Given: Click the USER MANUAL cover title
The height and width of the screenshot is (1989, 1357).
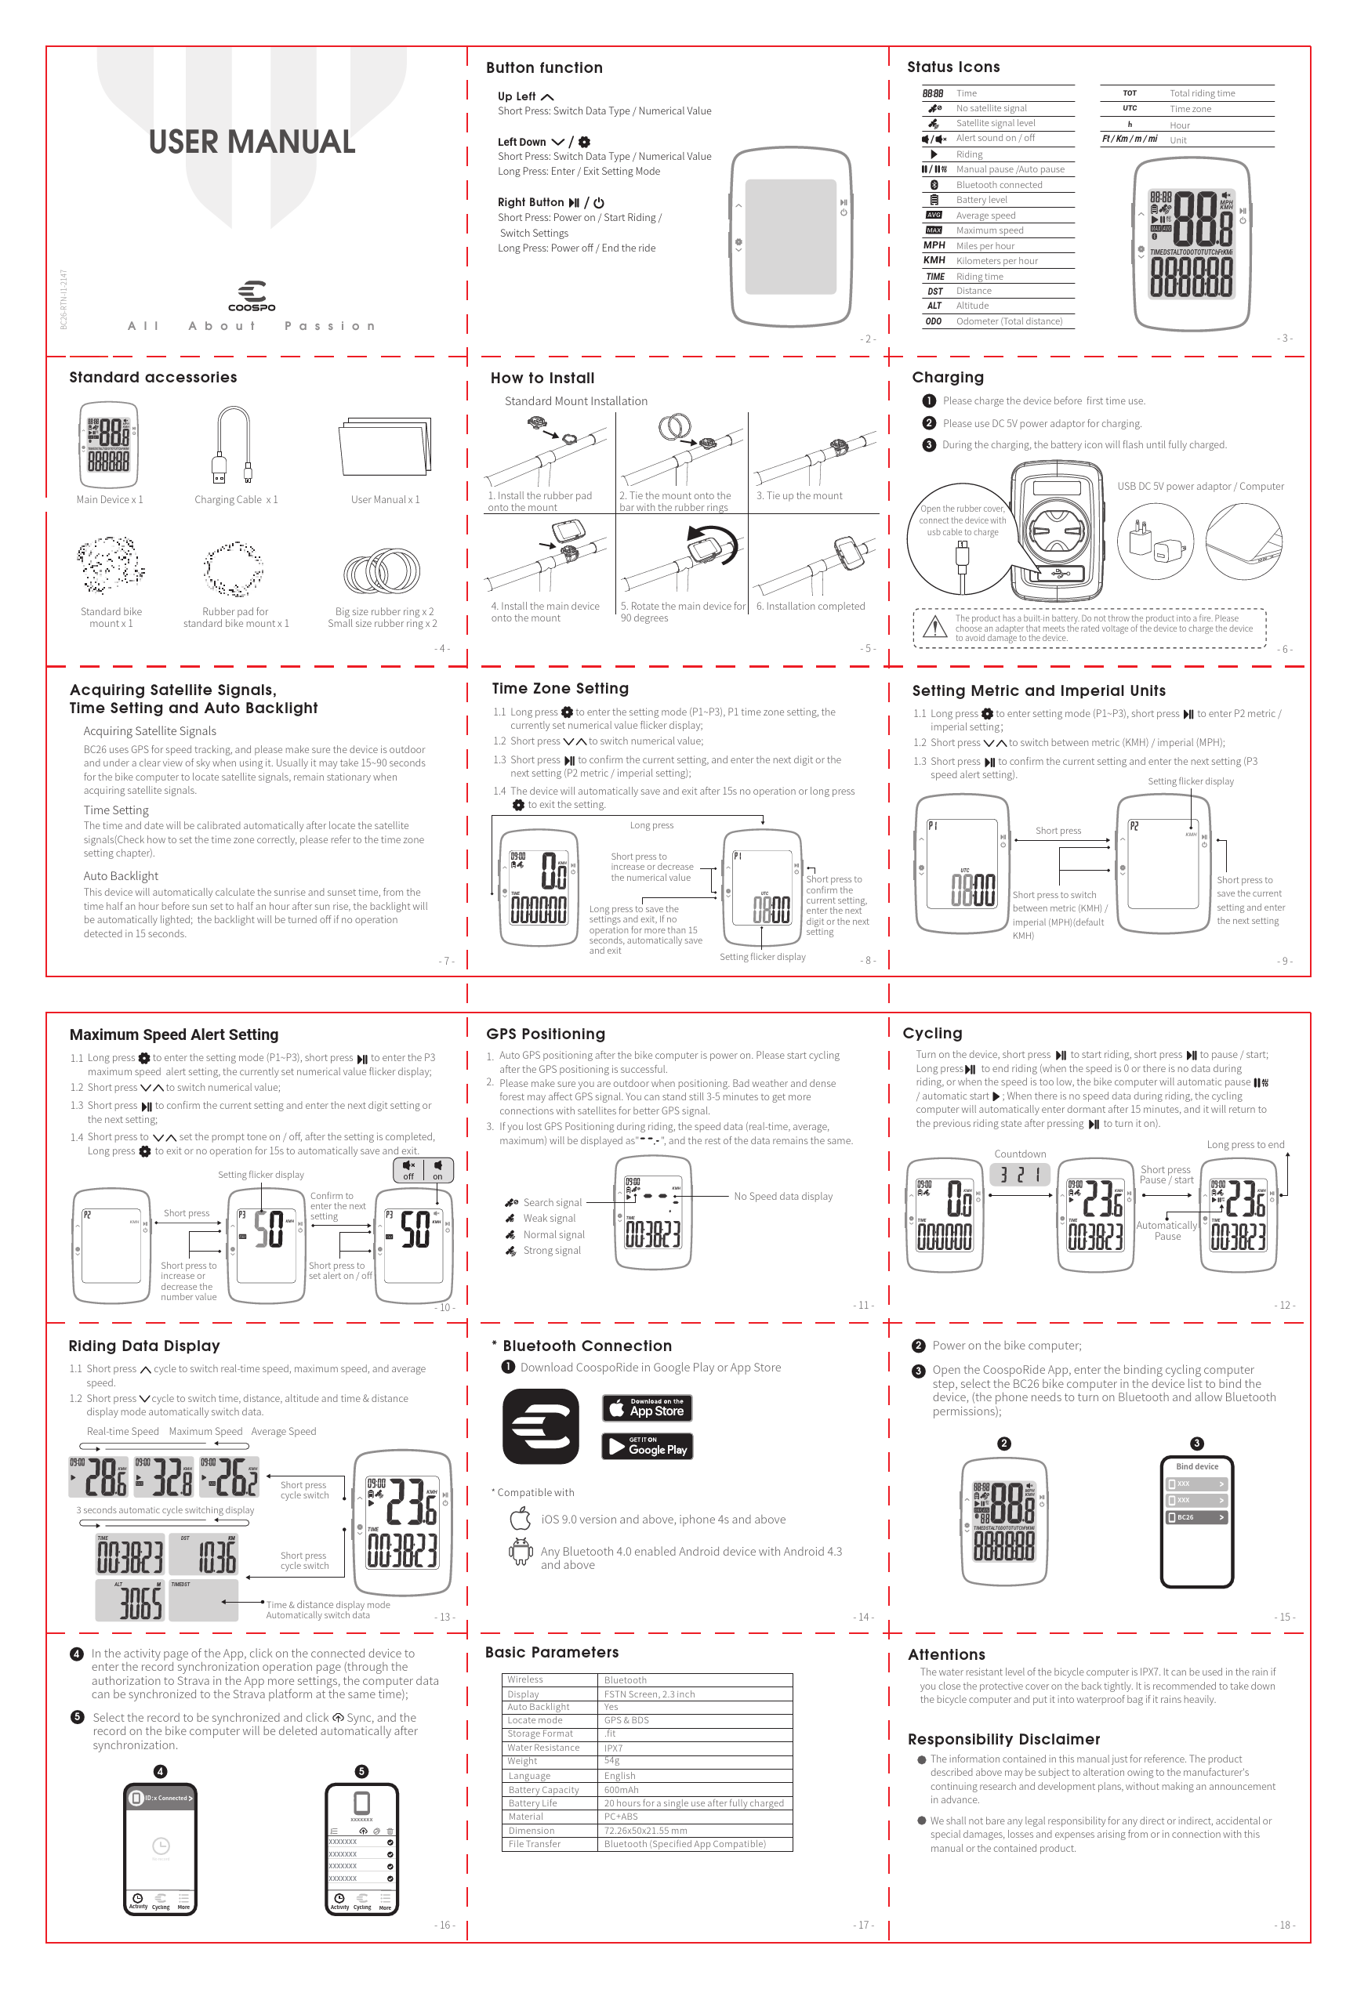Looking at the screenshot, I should pyautogui.click(x=252, y=142).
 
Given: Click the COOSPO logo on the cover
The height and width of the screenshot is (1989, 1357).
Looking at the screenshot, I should pyautogui.click(x=252, y=296).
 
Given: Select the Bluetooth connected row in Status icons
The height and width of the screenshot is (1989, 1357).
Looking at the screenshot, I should pyautogui.click(x=998, y=185).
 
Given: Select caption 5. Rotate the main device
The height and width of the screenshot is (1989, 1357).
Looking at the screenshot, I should pyautogui.click(x=682, y=611).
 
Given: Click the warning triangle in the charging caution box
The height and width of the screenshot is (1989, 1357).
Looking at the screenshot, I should pyautogui.click(x=938, y=627).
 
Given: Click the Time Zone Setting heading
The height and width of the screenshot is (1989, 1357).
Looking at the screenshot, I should pyautogui.click(x=560, y=688).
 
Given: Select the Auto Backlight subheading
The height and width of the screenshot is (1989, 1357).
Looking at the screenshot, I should pyautogui.click(x=121, y=875).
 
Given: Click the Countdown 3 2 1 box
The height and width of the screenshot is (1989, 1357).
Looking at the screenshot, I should pyautogui.click(x=1020, y=1174).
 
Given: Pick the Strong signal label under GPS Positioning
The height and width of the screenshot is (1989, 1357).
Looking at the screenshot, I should pyautogui.click(x=552, y=1251).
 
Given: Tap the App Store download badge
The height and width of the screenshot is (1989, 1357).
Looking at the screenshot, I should pyautogui.click(x=648, y=1408).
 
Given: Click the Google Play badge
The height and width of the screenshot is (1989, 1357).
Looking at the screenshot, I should pyautogui.click(x=648, y=1447).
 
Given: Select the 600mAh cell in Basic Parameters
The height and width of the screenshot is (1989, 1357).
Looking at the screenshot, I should pyautogui.click(x=622, y=1790).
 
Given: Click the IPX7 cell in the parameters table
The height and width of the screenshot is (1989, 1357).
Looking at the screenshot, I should pyautogui.click(x=613, y=1748).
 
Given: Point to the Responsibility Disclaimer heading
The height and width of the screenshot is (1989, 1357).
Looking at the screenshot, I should pyautogui.click(x=1003, y=1739).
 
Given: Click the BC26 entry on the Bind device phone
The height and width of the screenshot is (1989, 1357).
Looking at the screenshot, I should pyautogui.click(x=1196, y=1517).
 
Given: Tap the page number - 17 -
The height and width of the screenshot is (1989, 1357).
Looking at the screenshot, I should pyautogui.click(x=863, y=1925).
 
